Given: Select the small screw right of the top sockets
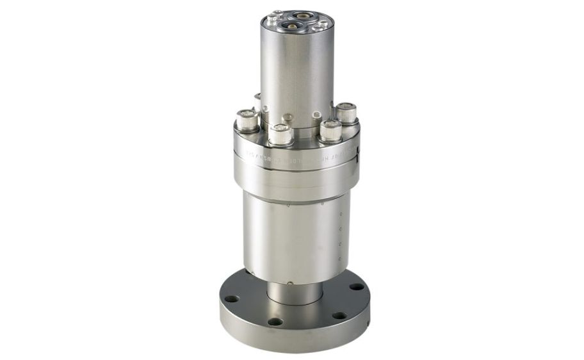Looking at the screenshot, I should click(x=322, y=24).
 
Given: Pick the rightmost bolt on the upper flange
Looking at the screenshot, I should click(x=346, y=113).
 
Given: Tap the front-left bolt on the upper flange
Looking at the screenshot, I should click(x=280, y=134).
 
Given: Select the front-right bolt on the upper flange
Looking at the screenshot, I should click(x=330, y=130).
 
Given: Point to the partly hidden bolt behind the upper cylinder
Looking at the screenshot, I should click(x=258, y=101).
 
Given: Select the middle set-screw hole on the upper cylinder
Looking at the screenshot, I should click(x=288, y=117).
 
